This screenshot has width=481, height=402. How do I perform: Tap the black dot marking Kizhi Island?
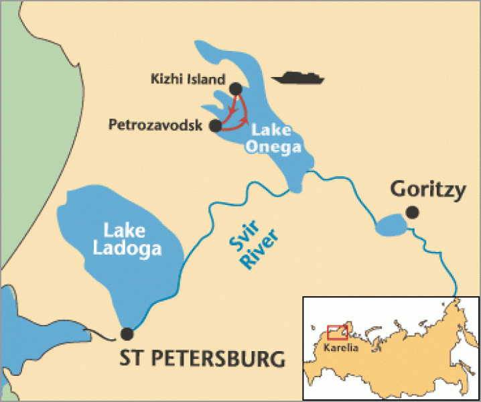pos(235,88)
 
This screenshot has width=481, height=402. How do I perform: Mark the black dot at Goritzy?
pos(411,213)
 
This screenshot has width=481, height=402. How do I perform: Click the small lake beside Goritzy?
pos(388,226)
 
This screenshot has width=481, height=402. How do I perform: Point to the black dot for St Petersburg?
pos(126,333)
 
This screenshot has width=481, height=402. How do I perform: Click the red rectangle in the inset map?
pos(337,332)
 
